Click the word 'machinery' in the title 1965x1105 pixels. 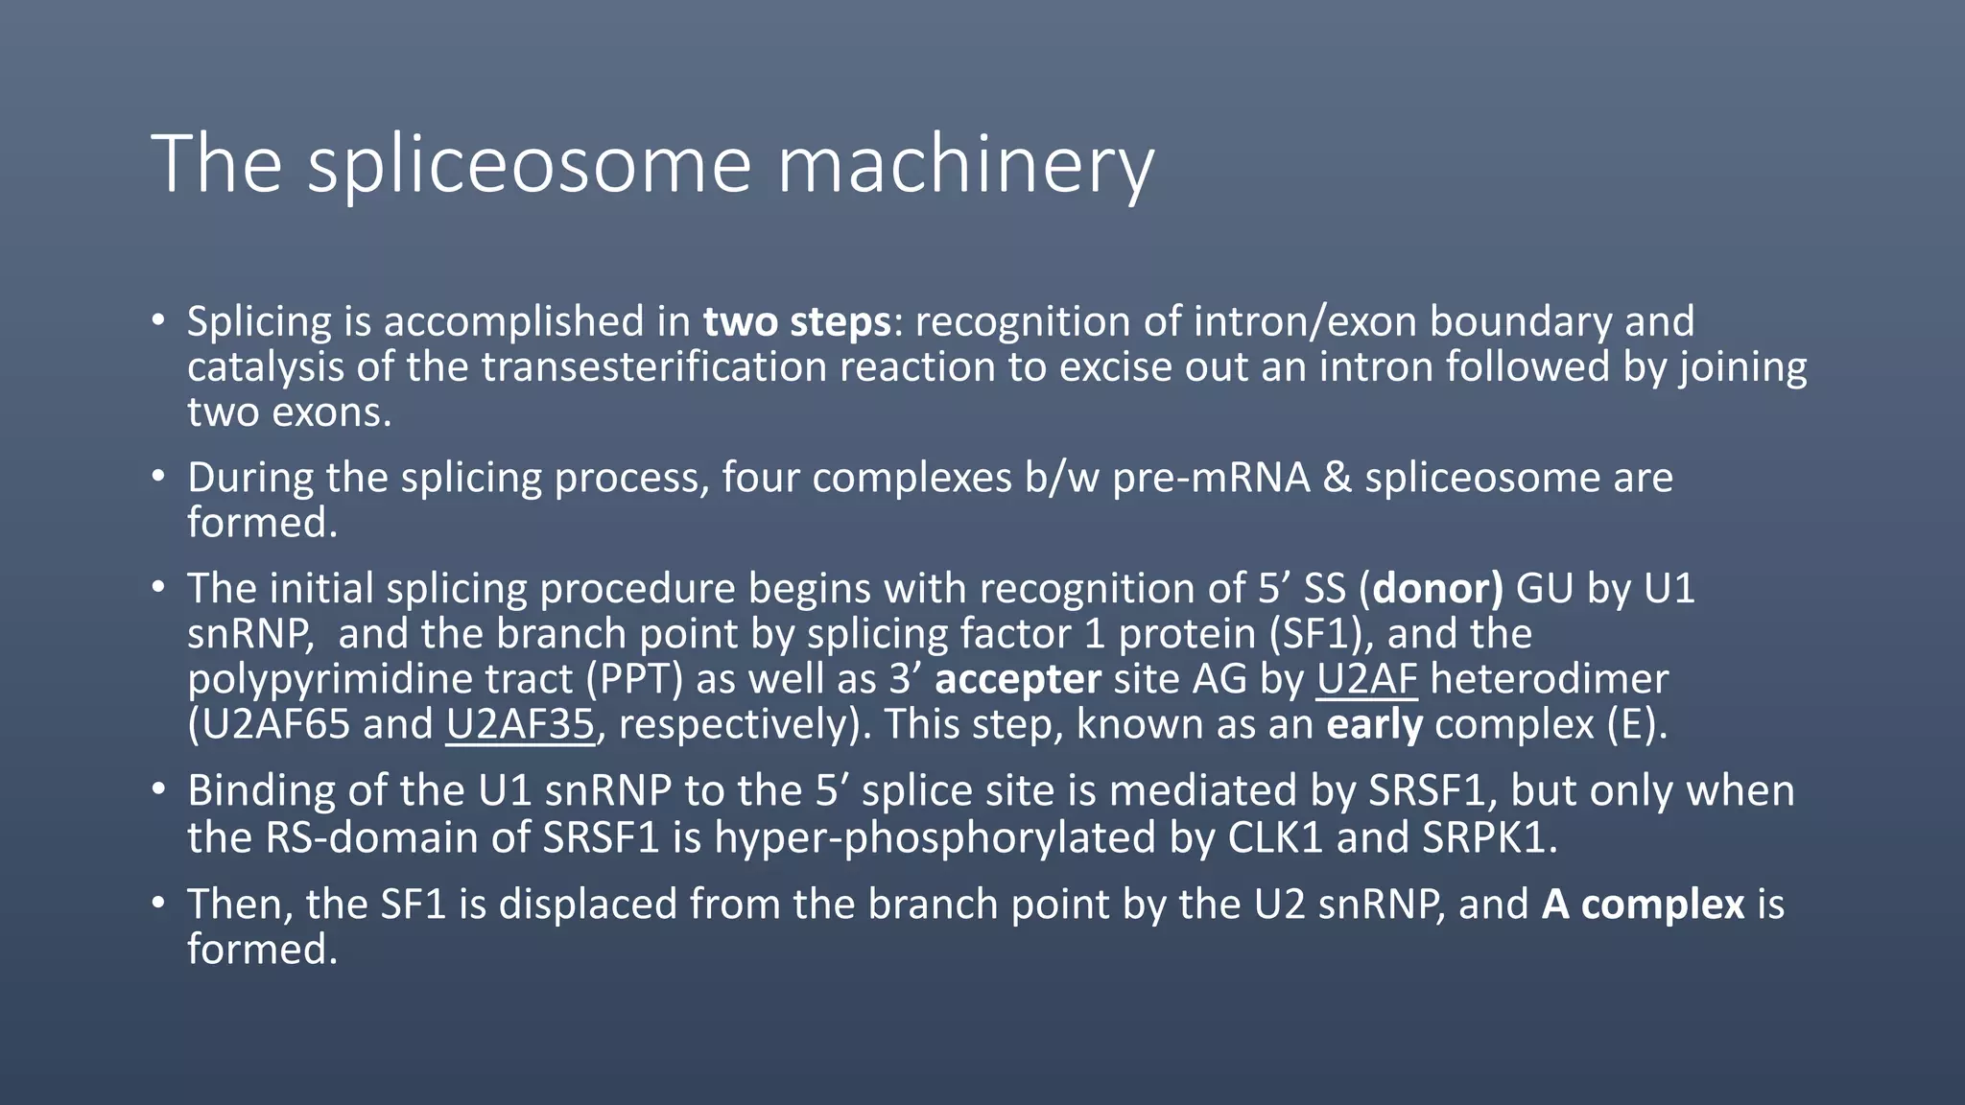click(x=964, y=165)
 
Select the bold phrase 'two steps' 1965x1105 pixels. click(x=796, y=321)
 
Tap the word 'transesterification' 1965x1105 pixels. click(x=653, y=367)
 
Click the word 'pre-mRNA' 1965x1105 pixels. click(x=1211, y=478)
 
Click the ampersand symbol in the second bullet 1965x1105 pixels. click(x=1337, y=478)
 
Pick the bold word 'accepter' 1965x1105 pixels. click(x=1017, y=679)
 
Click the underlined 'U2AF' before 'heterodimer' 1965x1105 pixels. click(x=1366, y=679)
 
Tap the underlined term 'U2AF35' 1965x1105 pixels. click(x=520, y=724)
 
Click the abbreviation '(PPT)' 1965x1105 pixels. click(x=641, y=679)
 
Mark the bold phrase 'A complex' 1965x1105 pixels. click(x=1643, y=905)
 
